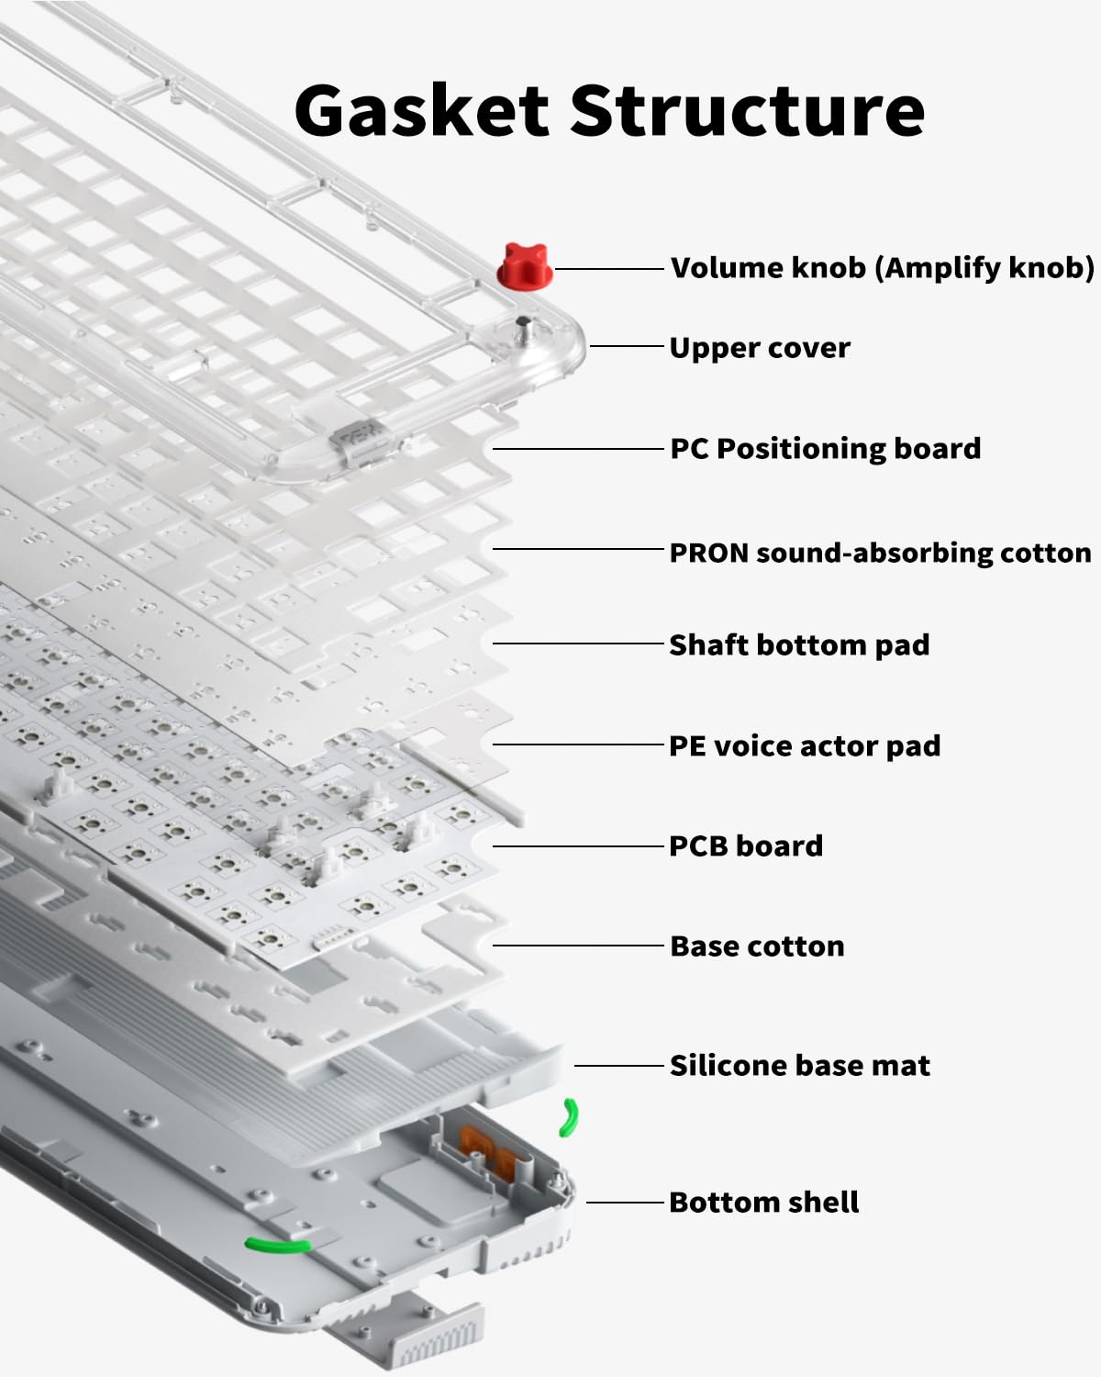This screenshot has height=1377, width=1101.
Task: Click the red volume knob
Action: pyautogui.click(x=524, y=266)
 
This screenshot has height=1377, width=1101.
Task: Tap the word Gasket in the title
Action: pyautogui.click(x=421, y=110)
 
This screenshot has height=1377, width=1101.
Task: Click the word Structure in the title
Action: pyautogui.click(x=749, y=110)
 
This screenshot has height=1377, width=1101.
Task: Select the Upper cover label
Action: pyautogui.click(x=759, y=348)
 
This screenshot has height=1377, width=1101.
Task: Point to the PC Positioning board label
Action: pyautogui.click(x=825, y=449)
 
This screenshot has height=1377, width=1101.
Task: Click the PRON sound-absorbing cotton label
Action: pyautogui.click(x=880, y=553)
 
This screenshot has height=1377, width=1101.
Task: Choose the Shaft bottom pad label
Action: pyautogui.click(x=798, y=644)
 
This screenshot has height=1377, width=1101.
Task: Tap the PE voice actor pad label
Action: pyautogui.click(x=804, y=745)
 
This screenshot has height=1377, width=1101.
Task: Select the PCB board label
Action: pyautogui.click(x=745, y=845)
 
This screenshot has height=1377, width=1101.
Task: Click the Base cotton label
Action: pyautogui.click(x=757, y=946)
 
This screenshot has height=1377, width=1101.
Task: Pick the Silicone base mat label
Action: pyautogui.click(x=799, y=1065)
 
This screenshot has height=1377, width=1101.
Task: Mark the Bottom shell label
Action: pyautogui.click(x=763, y=1202)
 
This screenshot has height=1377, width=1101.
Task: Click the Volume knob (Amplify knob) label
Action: pyautogui.click(x=882, y=268)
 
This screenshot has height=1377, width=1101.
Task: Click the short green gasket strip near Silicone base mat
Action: pyautogui.click(x=570, y=1117)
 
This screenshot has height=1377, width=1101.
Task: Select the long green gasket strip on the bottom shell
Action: pyautogui.click(x=277, y=1245)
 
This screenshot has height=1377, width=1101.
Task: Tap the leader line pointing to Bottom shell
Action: pyautogui.click(x=624, y=1202)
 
